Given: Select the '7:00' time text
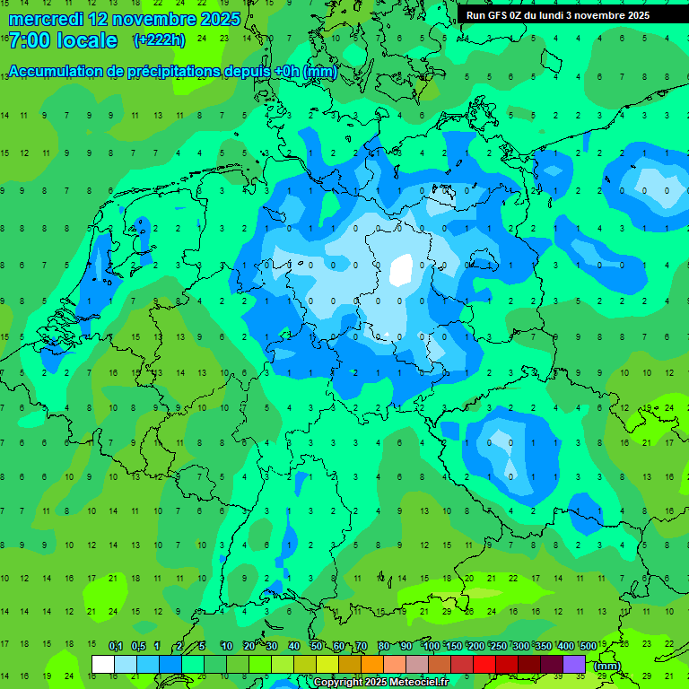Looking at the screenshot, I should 29,40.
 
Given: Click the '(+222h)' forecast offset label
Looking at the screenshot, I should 160,39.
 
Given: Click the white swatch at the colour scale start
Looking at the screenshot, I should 103,664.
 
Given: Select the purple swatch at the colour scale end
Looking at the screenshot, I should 574,664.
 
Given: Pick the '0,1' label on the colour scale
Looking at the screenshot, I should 116,647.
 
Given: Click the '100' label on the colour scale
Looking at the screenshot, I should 432,647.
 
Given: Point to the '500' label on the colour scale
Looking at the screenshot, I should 589,647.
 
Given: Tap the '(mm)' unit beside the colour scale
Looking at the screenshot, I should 607,666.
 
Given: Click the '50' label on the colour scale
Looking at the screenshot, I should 317,647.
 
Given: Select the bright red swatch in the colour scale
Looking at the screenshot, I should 484,664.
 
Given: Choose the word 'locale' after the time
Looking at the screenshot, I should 87,40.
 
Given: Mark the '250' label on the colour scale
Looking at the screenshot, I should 499,647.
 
